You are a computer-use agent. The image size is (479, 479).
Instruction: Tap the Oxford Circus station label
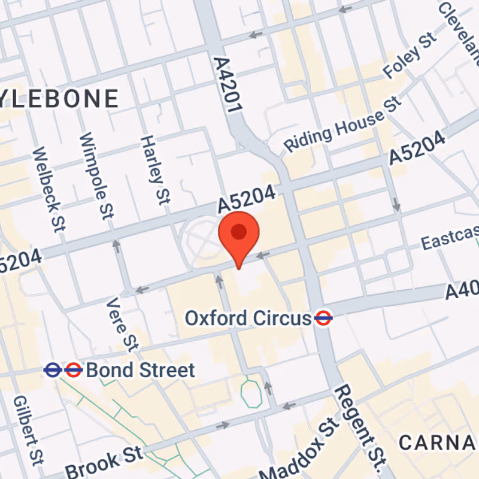click(x=247, y=318)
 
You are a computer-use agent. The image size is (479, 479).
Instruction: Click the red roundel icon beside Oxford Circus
click(x=323, y=319)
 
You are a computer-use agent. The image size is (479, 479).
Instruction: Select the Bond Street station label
click(x=141, y=371)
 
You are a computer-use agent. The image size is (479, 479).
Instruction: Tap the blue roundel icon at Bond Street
click(x=53, y=371)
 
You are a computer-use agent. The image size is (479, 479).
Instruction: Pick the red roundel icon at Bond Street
click(x=73, y=371)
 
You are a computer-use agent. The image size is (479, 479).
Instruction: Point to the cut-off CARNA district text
click(x=438, y=443)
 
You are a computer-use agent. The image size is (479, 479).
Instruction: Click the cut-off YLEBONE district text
click(x=60, y=99)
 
